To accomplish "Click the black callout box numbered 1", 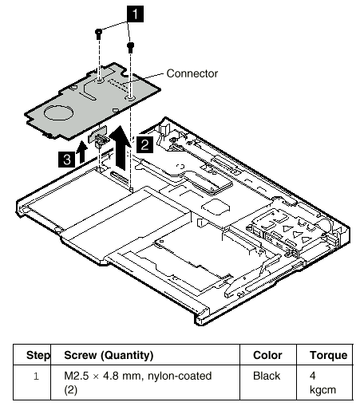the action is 135,14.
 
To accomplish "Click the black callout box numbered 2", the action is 144,145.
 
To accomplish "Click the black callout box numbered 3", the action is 66,160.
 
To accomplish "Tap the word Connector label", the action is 192,73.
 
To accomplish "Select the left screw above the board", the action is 98,34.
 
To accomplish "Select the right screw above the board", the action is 130,47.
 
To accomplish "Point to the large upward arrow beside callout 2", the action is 121,148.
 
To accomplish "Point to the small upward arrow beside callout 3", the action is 81,152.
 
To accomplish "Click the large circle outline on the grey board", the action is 58,112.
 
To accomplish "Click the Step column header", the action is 38,355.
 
